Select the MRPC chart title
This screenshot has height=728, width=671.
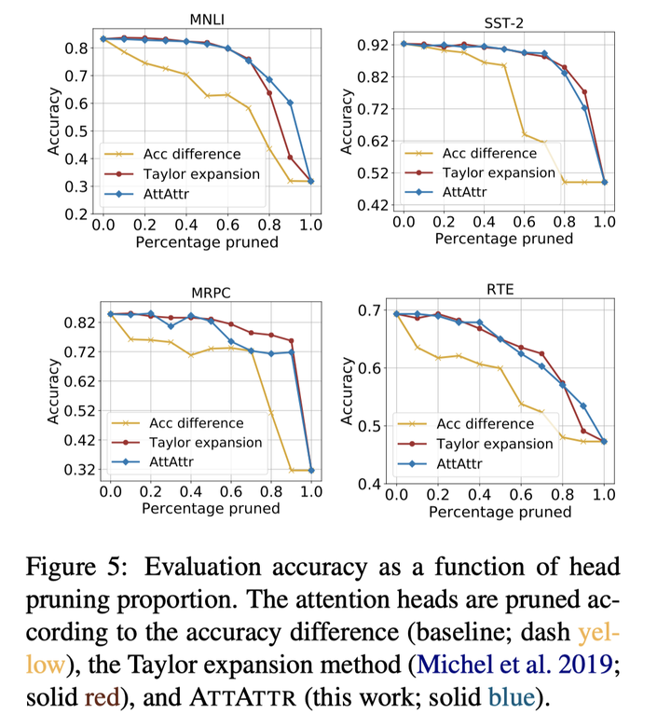(x=210, y=293)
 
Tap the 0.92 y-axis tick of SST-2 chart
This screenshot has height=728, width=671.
(x=370, y=44)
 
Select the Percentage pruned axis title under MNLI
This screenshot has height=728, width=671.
(x=206, y=242)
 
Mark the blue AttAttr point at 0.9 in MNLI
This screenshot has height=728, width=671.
(x=290, y=103)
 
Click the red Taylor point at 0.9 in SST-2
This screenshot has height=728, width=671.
(x=584, y=91)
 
